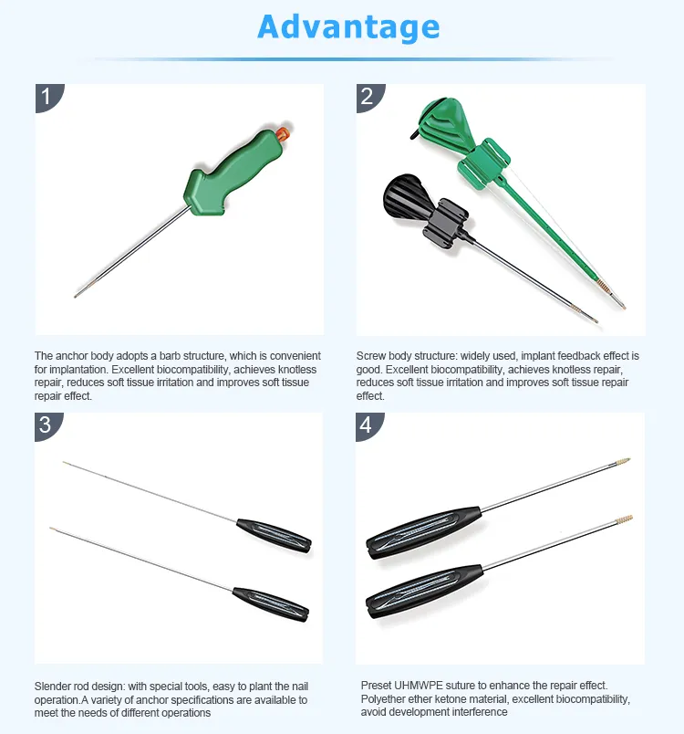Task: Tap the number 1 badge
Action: [x=47, y=96]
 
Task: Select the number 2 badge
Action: [x=368, y=96]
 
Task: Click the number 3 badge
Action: [x=47, y=425]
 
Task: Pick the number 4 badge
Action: [x=368, y=425]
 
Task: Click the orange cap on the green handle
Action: [x=283, y=134]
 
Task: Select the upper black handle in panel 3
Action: [x=274, y=533]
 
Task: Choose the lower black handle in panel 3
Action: [x=270, y=603]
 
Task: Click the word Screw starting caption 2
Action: [x=373, y=355]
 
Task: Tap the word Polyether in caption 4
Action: [x=386, y=698]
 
